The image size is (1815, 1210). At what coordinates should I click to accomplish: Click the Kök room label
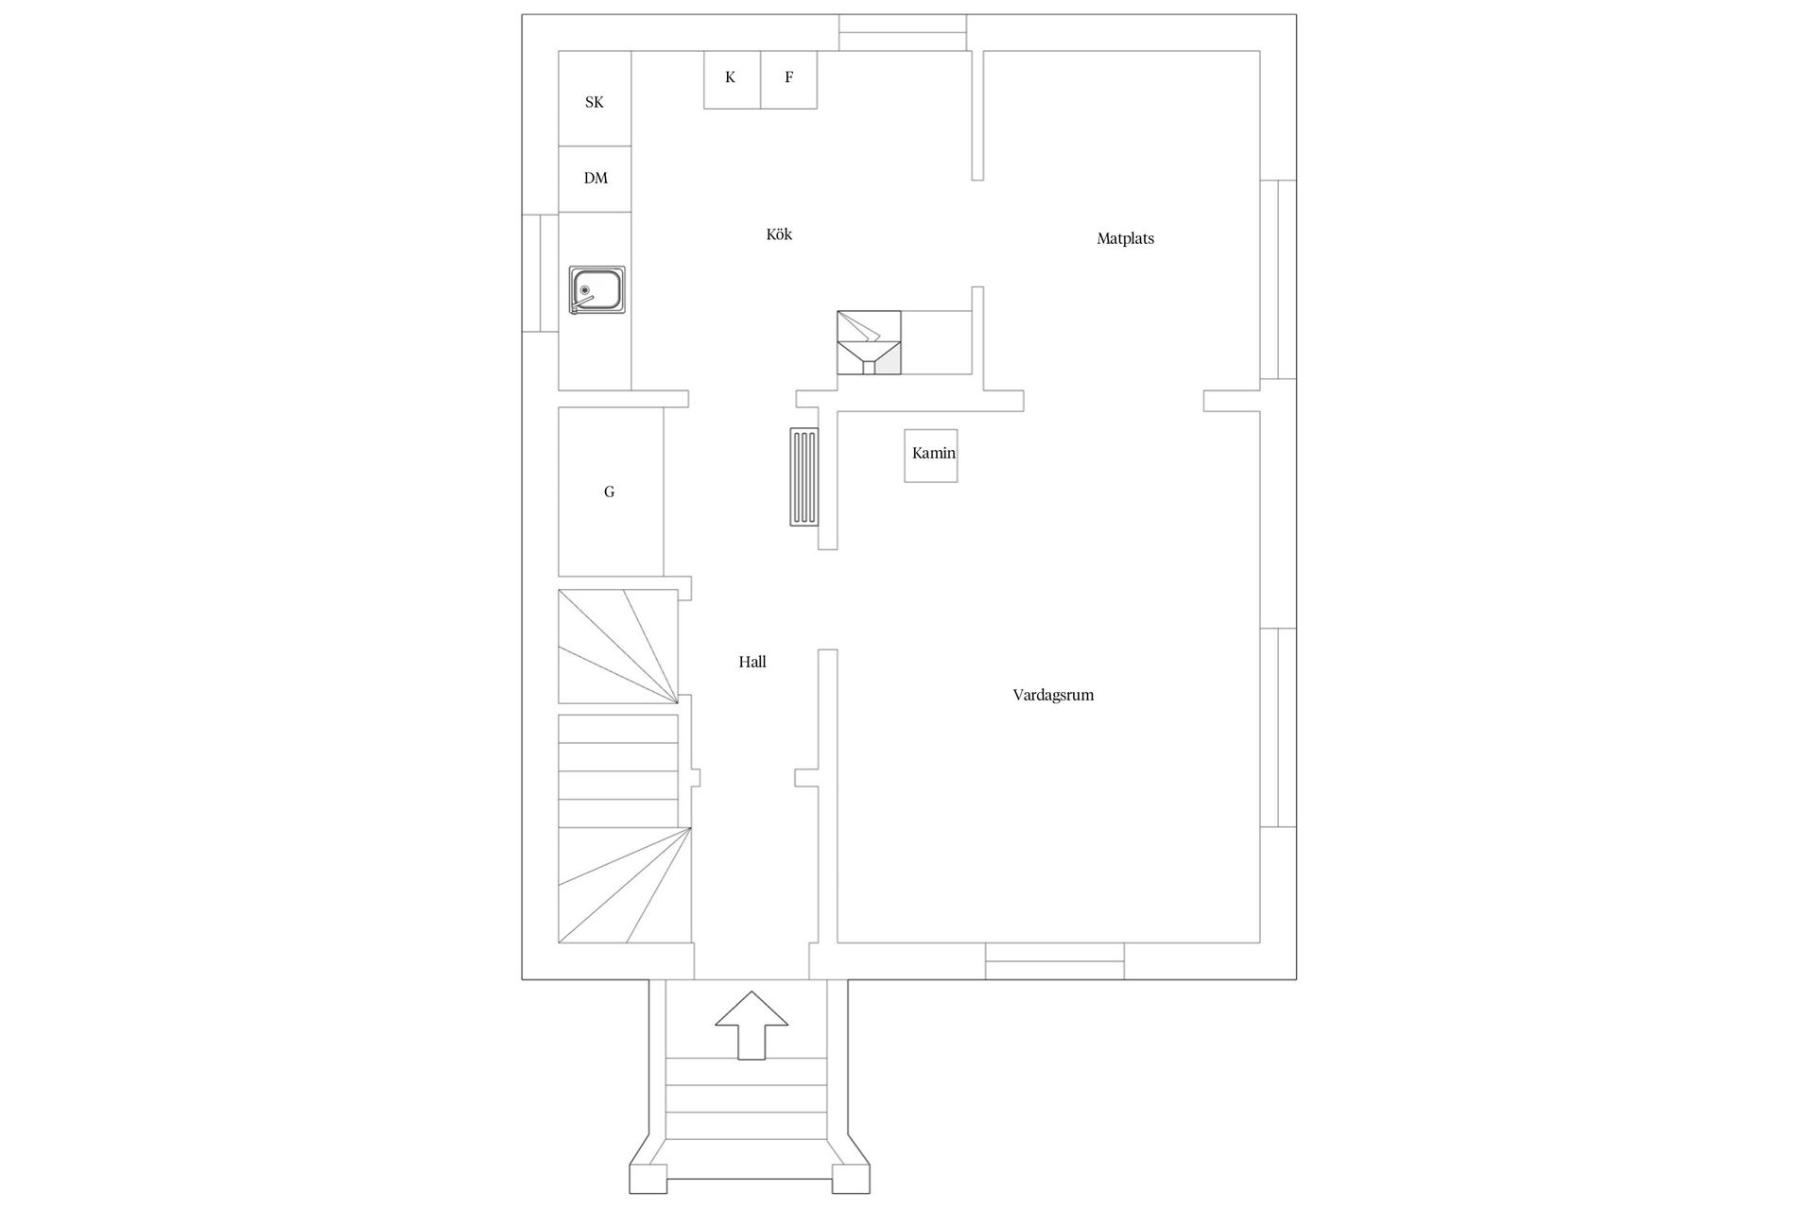click(779, 234)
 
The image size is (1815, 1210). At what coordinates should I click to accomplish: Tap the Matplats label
click(1125, 239)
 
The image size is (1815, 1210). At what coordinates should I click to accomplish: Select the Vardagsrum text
click(1053, 695)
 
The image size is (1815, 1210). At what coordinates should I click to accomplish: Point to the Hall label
click(752, 662)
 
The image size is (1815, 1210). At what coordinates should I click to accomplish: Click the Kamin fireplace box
click(931, 456)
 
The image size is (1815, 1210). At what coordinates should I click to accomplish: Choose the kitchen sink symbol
click(596, 290)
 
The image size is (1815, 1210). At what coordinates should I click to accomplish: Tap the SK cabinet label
click(595, 102)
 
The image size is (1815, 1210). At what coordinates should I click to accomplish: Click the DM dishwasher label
click(596, 178)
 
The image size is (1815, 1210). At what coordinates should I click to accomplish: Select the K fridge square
click(732, 79)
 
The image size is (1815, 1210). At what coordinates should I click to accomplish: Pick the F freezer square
click(788, 79)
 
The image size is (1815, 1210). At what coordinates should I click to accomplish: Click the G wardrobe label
click(610, 492)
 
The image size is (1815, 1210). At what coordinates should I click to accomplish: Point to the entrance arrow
click(752, 1025)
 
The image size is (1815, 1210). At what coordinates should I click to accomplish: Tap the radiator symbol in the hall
click(804, 476)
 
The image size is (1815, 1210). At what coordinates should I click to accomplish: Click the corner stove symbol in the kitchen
click(869, 343)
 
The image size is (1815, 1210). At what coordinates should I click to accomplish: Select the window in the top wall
click(903, 32)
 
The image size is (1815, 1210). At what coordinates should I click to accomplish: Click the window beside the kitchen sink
click(540, 272)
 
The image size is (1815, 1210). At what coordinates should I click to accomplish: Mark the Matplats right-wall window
click(1278, 280)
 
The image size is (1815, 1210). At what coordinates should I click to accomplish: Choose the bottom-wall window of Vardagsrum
click(1055, 961)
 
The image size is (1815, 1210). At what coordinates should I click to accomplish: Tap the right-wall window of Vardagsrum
click(1278, 727)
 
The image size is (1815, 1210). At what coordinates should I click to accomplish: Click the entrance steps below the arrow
click(747, 1098)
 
